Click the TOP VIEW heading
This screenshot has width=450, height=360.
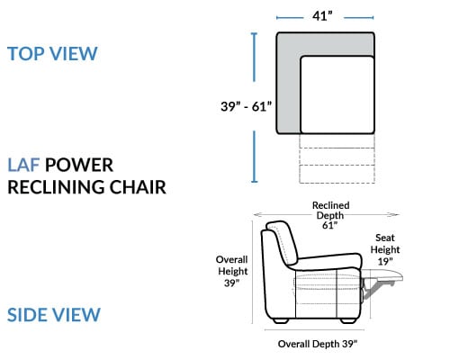coord(52,54)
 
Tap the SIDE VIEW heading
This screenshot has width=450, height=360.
coord(54,315)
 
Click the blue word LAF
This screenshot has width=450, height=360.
coord(23,165)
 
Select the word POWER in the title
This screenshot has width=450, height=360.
coord(79,165)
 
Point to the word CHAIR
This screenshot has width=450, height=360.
coord(138,187)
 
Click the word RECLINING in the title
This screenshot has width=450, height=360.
coord(56,187)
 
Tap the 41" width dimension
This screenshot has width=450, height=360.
coord(322,16)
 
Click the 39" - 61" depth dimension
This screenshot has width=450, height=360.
coord(247,106)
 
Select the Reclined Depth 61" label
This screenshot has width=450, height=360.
coord(330,215)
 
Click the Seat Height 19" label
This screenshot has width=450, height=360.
coord(385,249)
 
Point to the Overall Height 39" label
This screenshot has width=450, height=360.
coord(232,271)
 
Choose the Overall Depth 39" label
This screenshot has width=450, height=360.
coord(318,344)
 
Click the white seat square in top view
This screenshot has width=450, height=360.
coord(337,94)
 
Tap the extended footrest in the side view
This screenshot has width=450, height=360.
coord(382,275)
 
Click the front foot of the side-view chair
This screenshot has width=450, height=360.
coord(348,320)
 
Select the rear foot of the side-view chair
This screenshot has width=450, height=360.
coord(281,320)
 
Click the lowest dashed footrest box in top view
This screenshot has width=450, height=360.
coord(337,174)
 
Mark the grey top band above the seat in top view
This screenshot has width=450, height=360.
coord(326,44)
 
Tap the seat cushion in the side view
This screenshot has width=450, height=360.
coord(327,262)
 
